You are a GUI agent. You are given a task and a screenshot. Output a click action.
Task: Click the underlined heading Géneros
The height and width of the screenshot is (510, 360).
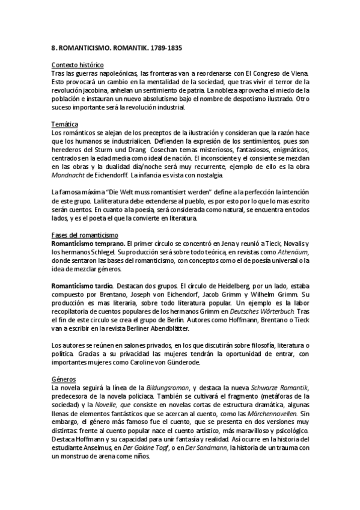(x=63, y=379)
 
